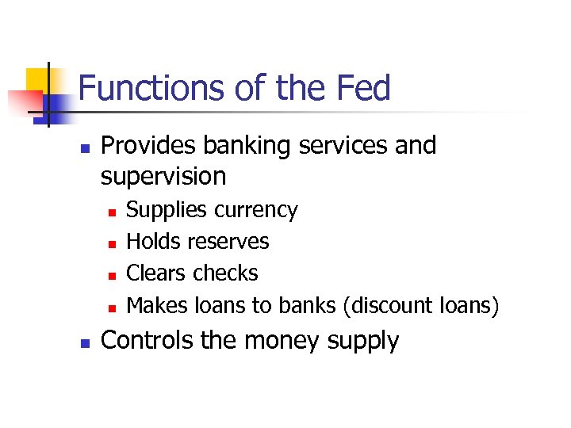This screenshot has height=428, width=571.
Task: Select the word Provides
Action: pyautogui.click(x=149, y=146)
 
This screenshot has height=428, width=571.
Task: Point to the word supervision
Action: pyautogui.click(x=163, y=176)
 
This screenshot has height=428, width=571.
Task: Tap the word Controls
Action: pyautogui.click(x=147, y=341)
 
